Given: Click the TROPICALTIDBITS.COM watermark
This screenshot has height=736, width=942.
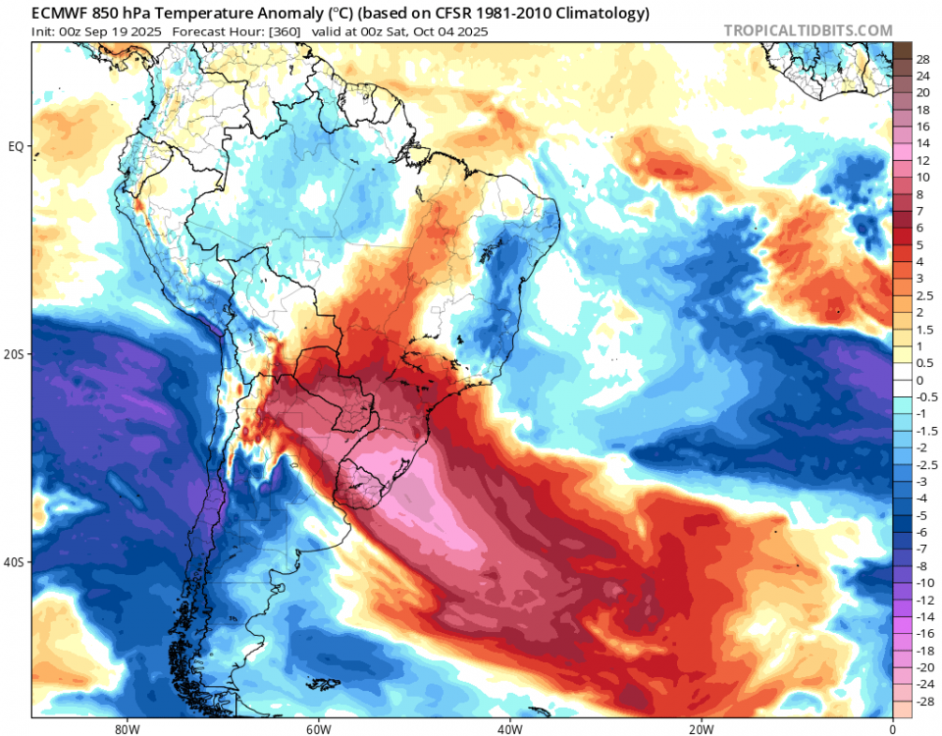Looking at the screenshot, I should tap(809, 30).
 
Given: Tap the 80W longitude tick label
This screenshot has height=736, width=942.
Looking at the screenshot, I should tap(125, 729).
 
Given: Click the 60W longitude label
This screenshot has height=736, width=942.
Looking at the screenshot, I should tap(316, 729).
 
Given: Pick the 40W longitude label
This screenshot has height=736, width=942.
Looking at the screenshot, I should tap(508, 729).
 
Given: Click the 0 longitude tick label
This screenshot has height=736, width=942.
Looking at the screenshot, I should tap(892, 729).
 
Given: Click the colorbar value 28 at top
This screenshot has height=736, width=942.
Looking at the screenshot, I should tap(922, 59).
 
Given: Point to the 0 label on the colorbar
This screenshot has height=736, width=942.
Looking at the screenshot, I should tap(919, 381).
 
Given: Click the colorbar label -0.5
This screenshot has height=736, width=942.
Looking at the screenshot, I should tap(925, 397).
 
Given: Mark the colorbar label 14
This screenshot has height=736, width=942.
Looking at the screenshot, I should tap(922, 143).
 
